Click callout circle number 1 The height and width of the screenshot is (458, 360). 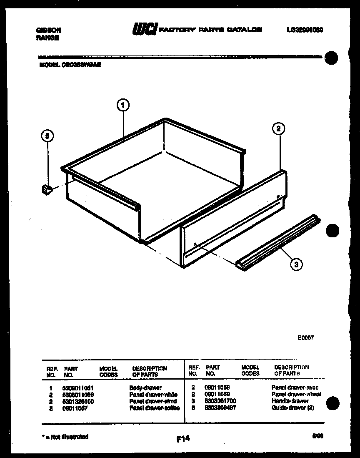click(122, 106)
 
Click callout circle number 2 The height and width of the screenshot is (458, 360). click(278, 129)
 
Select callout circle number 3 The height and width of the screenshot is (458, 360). click(296, 264)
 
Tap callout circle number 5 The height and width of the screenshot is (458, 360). click(47, 136)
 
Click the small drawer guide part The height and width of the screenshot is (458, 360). click(46, 190)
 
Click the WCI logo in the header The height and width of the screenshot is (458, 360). click(145, 30)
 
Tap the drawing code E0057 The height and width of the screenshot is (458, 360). click(305, 338)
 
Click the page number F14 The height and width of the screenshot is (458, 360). click(182, 438)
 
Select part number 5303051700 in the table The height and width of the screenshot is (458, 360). click(220, 401)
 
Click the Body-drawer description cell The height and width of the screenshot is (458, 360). click(145, 388)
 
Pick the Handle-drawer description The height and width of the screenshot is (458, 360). click(290, 401)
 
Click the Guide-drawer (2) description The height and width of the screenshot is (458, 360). click(292, 408)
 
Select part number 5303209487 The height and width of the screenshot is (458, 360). click(220, 408)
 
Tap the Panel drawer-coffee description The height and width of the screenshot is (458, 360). click(155, 408)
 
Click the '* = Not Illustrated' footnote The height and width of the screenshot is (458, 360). click(65, 437)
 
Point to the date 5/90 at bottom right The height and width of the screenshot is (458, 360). click(317, 436)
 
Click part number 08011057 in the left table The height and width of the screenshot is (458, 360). click(76, 408)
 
